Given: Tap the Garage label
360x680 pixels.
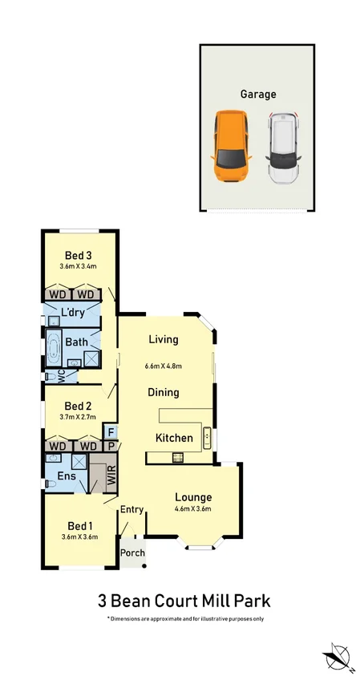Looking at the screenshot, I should pyautogui.click(x=258, y=94).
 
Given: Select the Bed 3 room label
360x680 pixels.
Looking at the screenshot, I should pyautogui.click(x=79, y=256).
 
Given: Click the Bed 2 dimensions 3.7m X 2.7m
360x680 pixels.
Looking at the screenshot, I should pyautogui.click(x=79, y=417).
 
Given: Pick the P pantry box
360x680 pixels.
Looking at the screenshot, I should pyautogui.click(x=111, y=446).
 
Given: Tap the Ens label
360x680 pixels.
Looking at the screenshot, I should pyautogui.click(x=66, y=476).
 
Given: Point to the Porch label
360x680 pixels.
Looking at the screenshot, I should pyautogui.click(x=131, y=552).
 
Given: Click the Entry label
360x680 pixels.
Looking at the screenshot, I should pyautogui.click(x=131, y=509).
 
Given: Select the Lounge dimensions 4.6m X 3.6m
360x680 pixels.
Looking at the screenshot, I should pyautogui.click(x=192, y=508).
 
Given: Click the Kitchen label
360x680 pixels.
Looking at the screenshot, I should pyautogui.click(x=174, y=438).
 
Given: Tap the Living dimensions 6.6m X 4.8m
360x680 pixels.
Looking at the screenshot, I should pyautogui.click(x=163, y=366).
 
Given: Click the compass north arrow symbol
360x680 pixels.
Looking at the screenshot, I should pyautogui.click(x=337, y=655).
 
